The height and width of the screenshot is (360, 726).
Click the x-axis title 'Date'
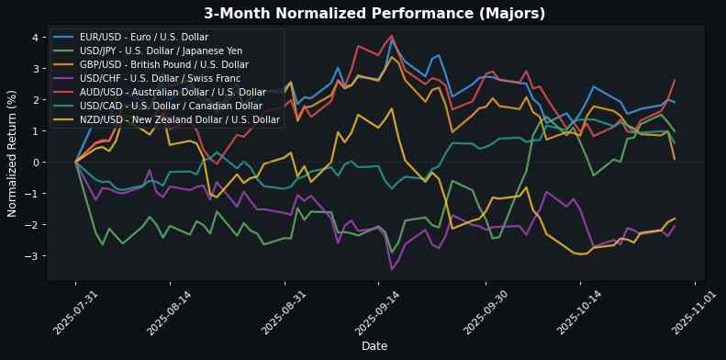tap(374, 346)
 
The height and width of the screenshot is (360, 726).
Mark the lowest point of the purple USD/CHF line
tap(392, 269)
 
